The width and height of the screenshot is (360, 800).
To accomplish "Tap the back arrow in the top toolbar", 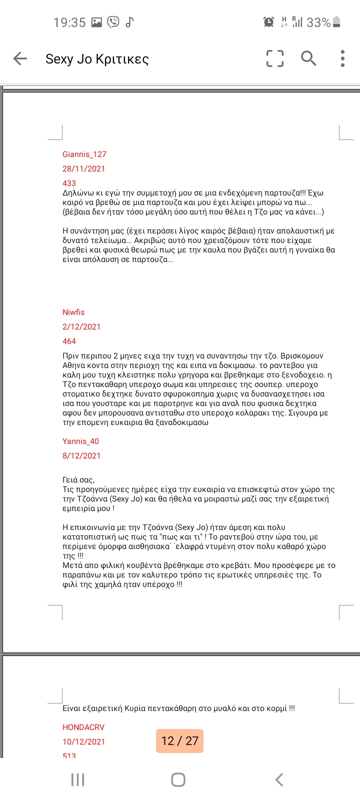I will (20, 58).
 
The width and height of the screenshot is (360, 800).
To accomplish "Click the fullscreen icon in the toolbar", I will (274, 58).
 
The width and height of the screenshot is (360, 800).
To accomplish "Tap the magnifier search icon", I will (308, 58).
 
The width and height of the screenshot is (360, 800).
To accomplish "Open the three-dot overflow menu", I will (342, 58).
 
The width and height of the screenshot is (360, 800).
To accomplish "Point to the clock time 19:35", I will (69, 22).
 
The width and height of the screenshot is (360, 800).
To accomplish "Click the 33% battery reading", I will (318, 22).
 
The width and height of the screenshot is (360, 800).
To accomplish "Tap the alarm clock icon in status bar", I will (268, 22).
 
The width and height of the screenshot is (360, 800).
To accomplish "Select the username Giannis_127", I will (84, 154).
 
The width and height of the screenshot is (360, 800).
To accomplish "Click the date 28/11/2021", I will (83, 169).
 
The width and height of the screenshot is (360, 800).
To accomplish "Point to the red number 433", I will (69, 183).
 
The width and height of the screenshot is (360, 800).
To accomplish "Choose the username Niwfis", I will (73, 312).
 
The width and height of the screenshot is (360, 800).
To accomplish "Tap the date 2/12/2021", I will (81, 327).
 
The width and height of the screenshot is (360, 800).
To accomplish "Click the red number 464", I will (69, 341).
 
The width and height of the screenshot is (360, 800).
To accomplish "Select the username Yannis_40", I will (80, 441).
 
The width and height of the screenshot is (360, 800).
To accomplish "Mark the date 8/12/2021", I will (81, 456).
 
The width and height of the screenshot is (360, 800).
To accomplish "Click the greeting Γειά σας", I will (78, 480).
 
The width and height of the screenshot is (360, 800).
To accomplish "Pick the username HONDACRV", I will (83, 727).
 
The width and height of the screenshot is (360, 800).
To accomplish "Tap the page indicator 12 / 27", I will (180, 741).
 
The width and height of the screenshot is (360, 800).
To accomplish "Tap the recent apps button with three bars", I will (77, 779).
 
